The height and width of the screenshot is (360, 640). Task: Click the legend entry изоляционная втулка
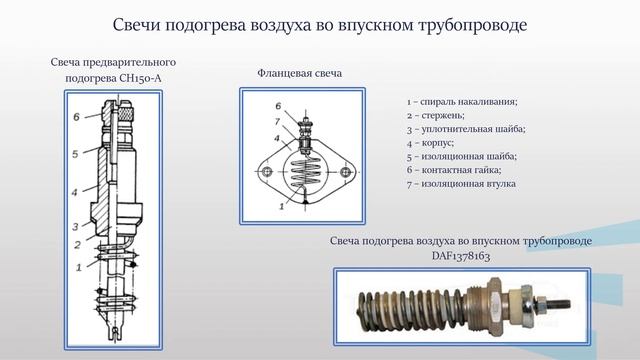462,185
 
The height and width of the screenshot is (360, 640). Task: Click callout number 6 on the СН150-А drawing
76,117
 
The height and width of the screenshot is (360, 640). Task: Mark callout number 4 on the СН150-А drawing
76,191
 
